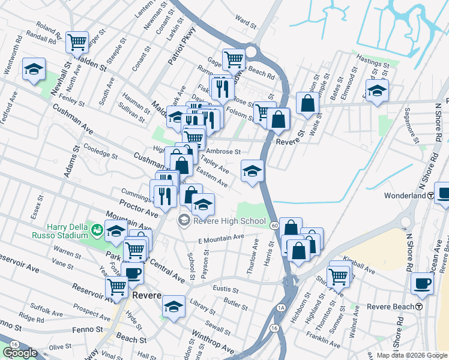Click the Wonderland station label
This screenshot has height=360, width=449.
click(405, 196)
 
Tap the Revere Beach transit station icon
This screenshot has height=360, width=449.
click(418, 307)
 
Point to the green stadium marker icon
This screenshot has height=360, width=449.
click(95, 228)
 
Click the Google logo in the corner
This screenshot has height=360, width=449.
click(20, 353)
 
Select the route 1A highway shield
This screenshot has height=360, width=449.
click(281, 308)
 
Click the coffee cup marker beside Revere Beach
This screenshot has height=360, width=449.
click(422, 283)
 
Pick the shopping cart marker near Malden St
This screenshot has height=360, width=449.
click(77, 42)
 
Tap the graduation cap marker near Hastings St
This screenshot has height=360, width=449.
click(377, 91)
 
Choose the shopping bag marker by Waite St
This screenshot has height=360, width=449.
click(307, 103)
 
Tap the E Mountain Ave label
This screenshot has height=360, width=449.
click(221, 238)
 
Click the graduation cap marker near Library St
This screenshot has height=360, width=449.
click(174, 306)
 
